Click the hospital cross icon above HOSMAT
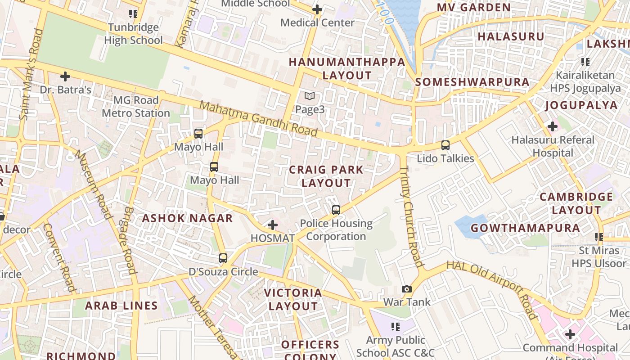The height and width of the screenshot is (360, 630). click(272, 225)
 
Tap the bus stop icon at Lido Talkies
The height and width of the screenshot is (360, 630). click(445, 145)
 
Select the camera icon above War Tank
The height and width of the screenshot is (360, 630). click(407, 289)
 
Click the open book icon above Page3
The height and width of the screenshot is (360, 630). click(309, 96)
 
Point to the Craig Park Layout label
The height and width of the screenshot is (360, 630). click(326, 176)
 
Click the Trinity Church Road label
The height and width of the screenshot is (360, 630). click(411, 216)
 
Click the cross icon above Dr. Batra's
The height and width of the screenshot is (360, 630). click(65, 76)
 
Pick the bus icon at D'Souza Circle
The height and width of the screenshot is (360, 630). click(223, 258)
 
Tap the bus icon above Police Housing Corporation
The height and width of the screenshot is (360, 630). click(336, 210)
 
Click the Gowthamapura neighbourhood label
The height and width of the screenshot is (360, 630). click(525, 228)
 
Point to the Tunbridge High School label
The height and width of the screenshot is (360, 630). click(133, 34)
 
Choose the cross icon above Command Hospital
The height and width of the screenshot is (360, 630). click(570, 334)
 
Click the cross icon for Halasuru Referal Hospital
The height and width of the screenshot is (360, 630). click(553, 127)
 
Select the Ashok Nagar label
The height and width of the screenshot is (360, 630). click(188, 219)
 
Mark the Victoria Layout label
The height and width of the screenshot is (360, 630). click(293, 300)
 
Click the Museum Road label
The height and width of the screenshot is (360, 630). click(93, 184)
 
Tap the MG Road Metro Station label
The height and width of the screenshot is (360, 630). click(135, 107)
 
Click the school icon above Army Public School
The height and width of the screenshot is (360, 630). click(396, 326)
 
